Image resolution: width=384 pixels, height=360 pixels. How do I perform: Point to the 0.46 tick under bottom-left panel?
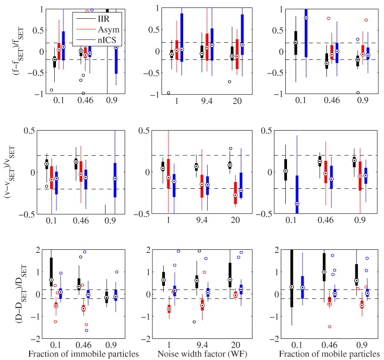coord(83,344)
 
